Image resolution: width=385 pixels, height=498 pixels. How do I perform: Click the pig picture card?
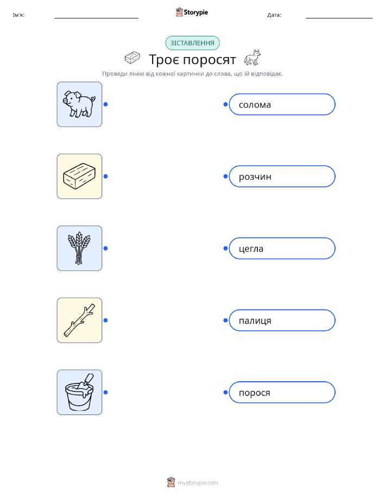[x=79, y=104]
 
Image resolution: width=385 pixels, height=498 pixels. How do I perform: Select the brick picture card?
[x=79, y=176]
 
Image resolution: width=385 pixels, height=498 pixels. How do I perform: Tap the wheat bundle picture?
[x=79, y=248]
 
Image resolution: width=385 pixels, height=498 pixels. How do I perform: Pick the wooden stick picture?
[x=79, y=320]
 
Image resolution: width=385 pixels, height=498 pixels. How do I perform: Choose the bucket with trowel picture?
[x=79, y=392]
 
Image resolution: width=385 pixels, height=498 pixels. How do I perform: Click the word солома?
[x=255, y=105]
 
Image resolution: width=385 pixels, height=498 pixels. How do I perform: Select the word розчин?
[x=255, y=177]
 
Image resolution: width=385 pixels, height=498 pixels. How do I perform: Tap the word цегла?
[x=251, y=249]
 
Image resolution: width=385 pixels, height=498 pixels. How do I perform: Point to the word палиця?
[x=255, y=321]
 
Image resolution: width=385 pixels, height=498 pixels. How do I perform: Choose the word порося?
[x=255, y=393]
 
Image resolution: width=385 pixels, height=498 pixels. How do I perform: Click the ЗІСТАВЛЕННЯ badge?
[x=192, y=43]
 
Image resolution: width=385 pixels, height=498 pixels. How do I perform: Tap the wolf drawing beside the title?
[x=252, y=58]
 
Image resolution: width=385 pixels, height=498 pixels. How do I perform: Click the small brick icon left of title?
[x=132, y=58]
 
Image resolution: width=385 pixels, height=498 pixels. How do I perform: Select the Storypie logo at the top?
[x=192, y=12]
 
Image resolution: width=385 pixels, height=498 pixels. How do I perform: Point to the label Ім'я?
[x=18, y=15]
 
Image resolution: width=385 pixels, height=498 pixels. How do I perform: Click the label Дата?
[x=274, y=15]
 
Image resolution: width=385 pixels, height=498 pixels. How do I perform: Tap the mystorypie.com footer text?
[x=198, y=483]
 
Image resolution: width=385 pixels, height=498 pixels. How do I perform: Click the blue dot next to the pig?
[x=106, y=104]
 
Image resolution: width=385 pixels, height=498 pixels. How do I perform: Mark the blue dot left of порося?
[x=225, y=393]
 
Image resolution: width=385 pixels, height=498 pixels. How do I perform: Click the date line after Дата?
[x=339, y=18]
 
